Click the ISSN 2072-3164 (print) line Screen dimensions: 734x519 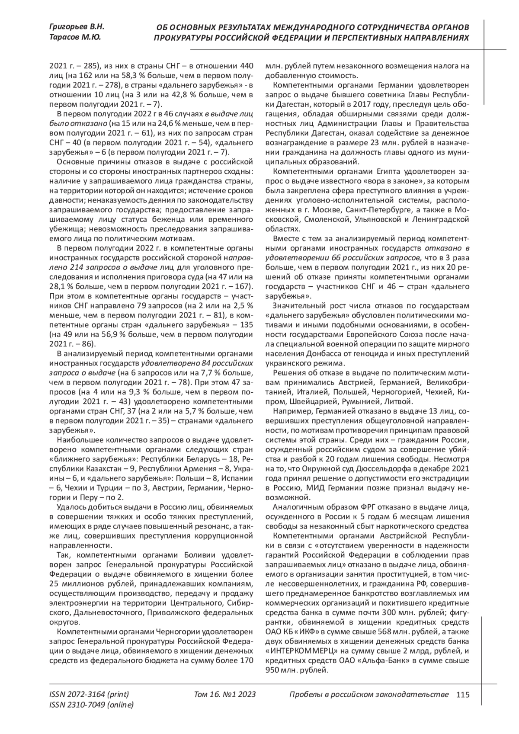click(x=89, y=695)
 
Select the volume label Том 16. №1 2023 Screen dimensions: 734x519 click(x=225, y=695)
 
